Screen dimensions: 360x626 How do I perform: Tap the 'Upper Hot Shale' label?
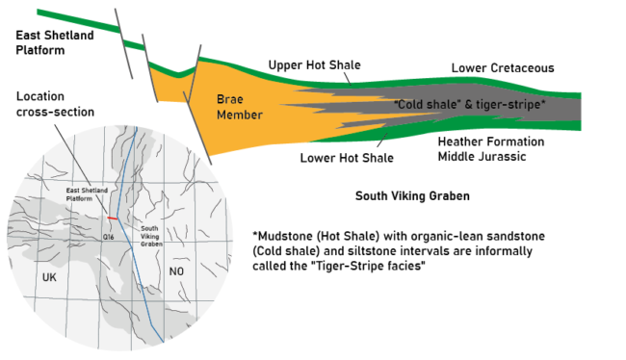314,65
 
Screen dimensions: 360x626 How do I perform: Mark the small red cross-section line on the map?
111,219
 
